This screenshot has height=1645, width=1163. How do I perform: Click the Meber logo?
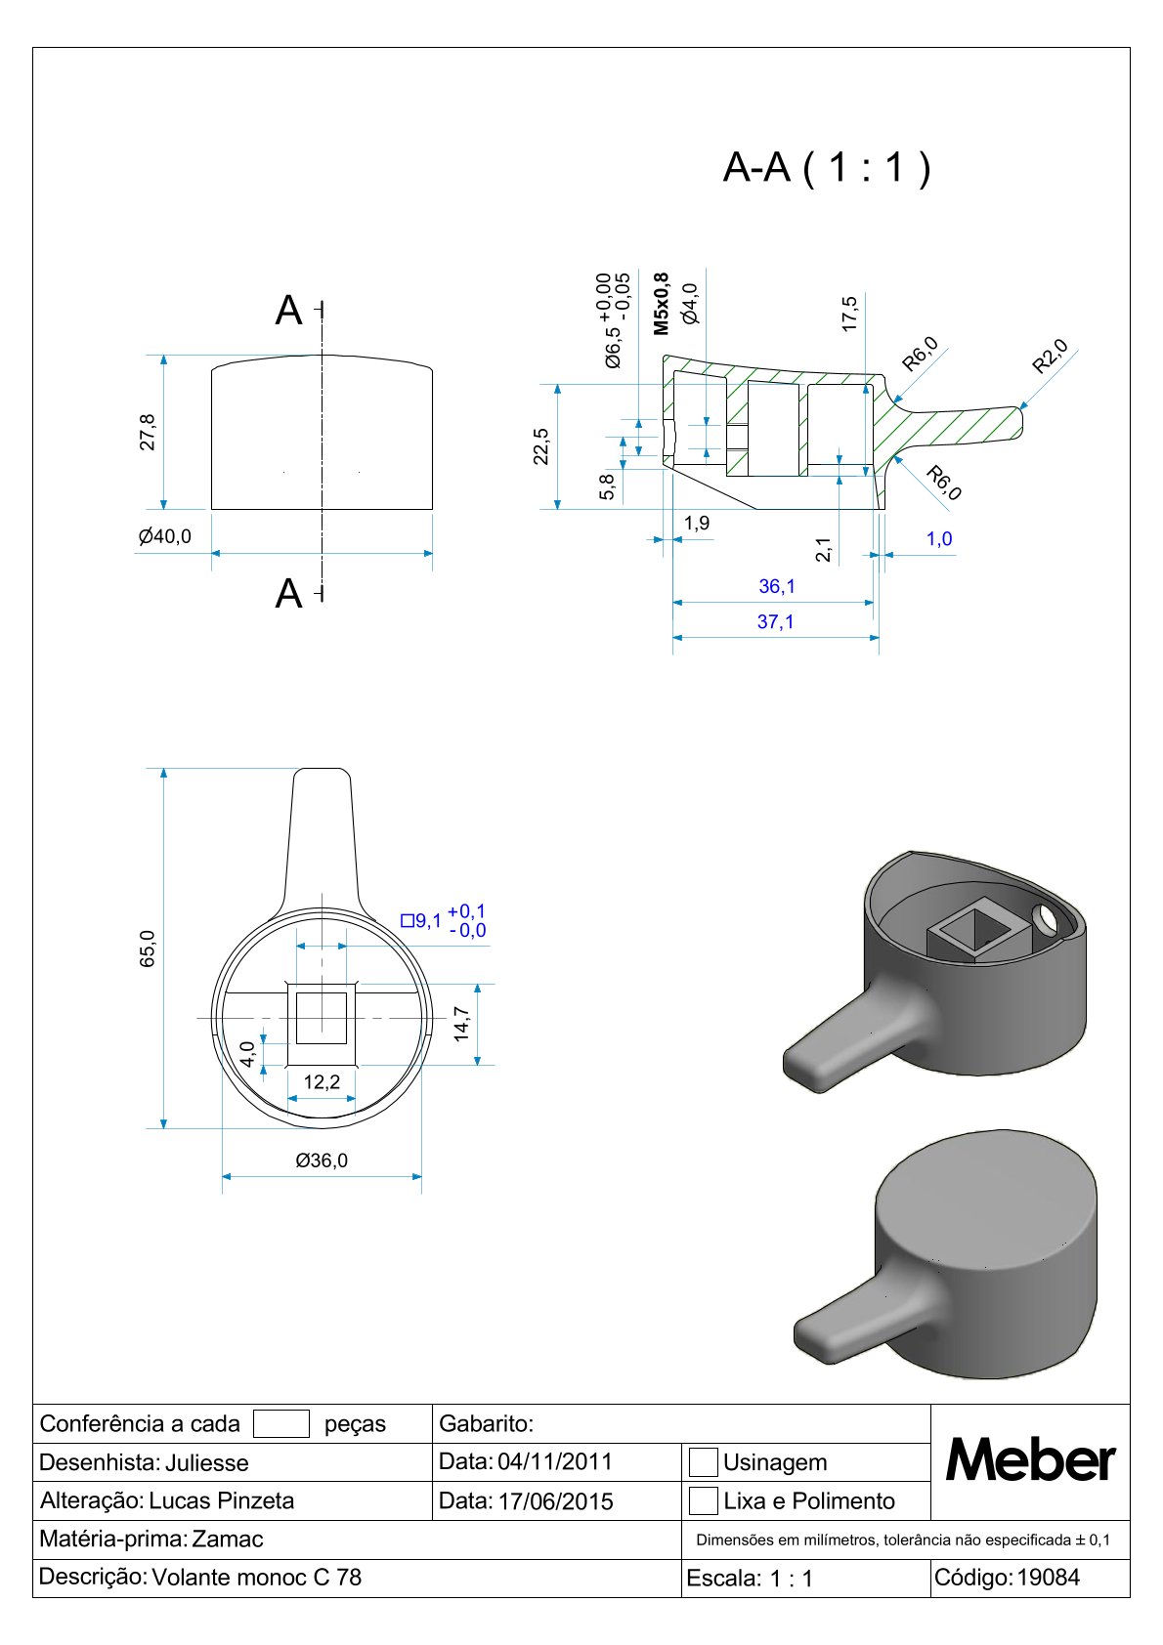(x=1030, y=1460)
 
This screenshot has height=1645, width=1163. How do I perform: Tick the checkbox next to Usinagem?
(x=703, y=1462)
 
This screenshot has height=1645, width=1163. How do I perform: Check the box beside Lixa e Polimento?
(x=703, y=1500)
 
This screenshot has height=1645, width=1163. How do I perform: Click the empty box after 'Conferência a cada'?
(x=280, y=1423)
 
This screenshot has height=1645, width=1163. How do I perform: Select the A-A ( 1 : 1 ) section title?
(x=827, y=167)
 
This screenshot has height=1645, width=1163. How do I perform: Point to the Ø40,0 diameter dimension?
(x=164, y=536)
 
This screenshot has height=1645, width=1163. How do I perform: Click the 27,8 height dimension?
(x=148, y=432)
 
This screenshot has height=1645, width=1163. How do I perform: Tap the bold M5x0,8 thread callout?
(x=662, y=304)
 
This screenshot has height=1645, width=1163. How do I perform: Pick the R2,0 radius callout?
(x=1050, y=357)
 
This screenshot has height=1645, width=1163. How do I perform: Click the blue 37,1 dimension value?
(x=775, y=622)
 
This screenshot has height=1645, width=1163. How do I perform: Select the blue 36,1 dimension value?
(x=777, y=586)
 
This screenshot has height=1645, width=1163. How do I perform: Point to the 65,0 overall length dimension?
(x=148, y=949)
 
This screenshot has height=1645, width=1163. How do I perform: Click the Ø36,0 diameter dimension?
(x=322, y=1160)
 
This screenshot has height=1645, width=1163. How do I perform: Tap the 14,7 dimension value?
(x=461, y=1024)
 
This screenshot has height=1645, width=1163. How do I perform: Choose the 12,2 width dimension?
(x=322, y=1081)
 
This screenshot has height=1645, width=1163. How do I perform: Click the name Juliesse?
(x=206, y=1463)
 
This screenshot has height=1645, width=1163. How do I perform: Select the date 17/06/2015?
(x=555, y=1501)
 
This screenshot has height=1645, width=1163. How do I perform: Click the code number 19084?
(x=1049, y=1577)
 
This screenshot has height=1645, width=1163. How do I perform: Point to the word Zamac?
(x=227, y=1539)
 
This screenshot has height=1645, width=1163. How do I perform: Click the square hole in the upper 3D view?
(x=974, y=931)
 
